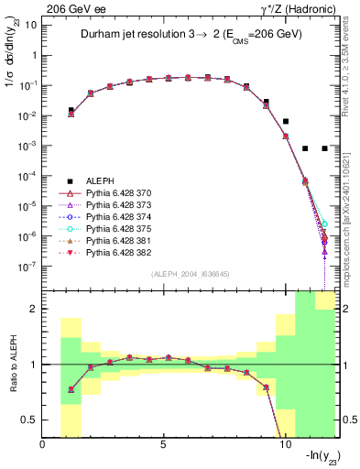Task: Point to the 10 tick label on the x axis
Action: (x=284, y=444)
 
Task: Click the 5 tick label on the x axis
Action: (x=164, y=444)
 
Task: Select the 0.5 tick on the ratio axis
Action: (x=32, y=420)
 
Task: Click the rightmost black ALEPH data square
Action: (x=325, y=148)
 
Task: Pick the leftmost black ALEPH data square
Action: (x=71, y=110)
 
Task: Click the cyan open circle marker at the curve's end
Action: (x=325, y=224)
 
